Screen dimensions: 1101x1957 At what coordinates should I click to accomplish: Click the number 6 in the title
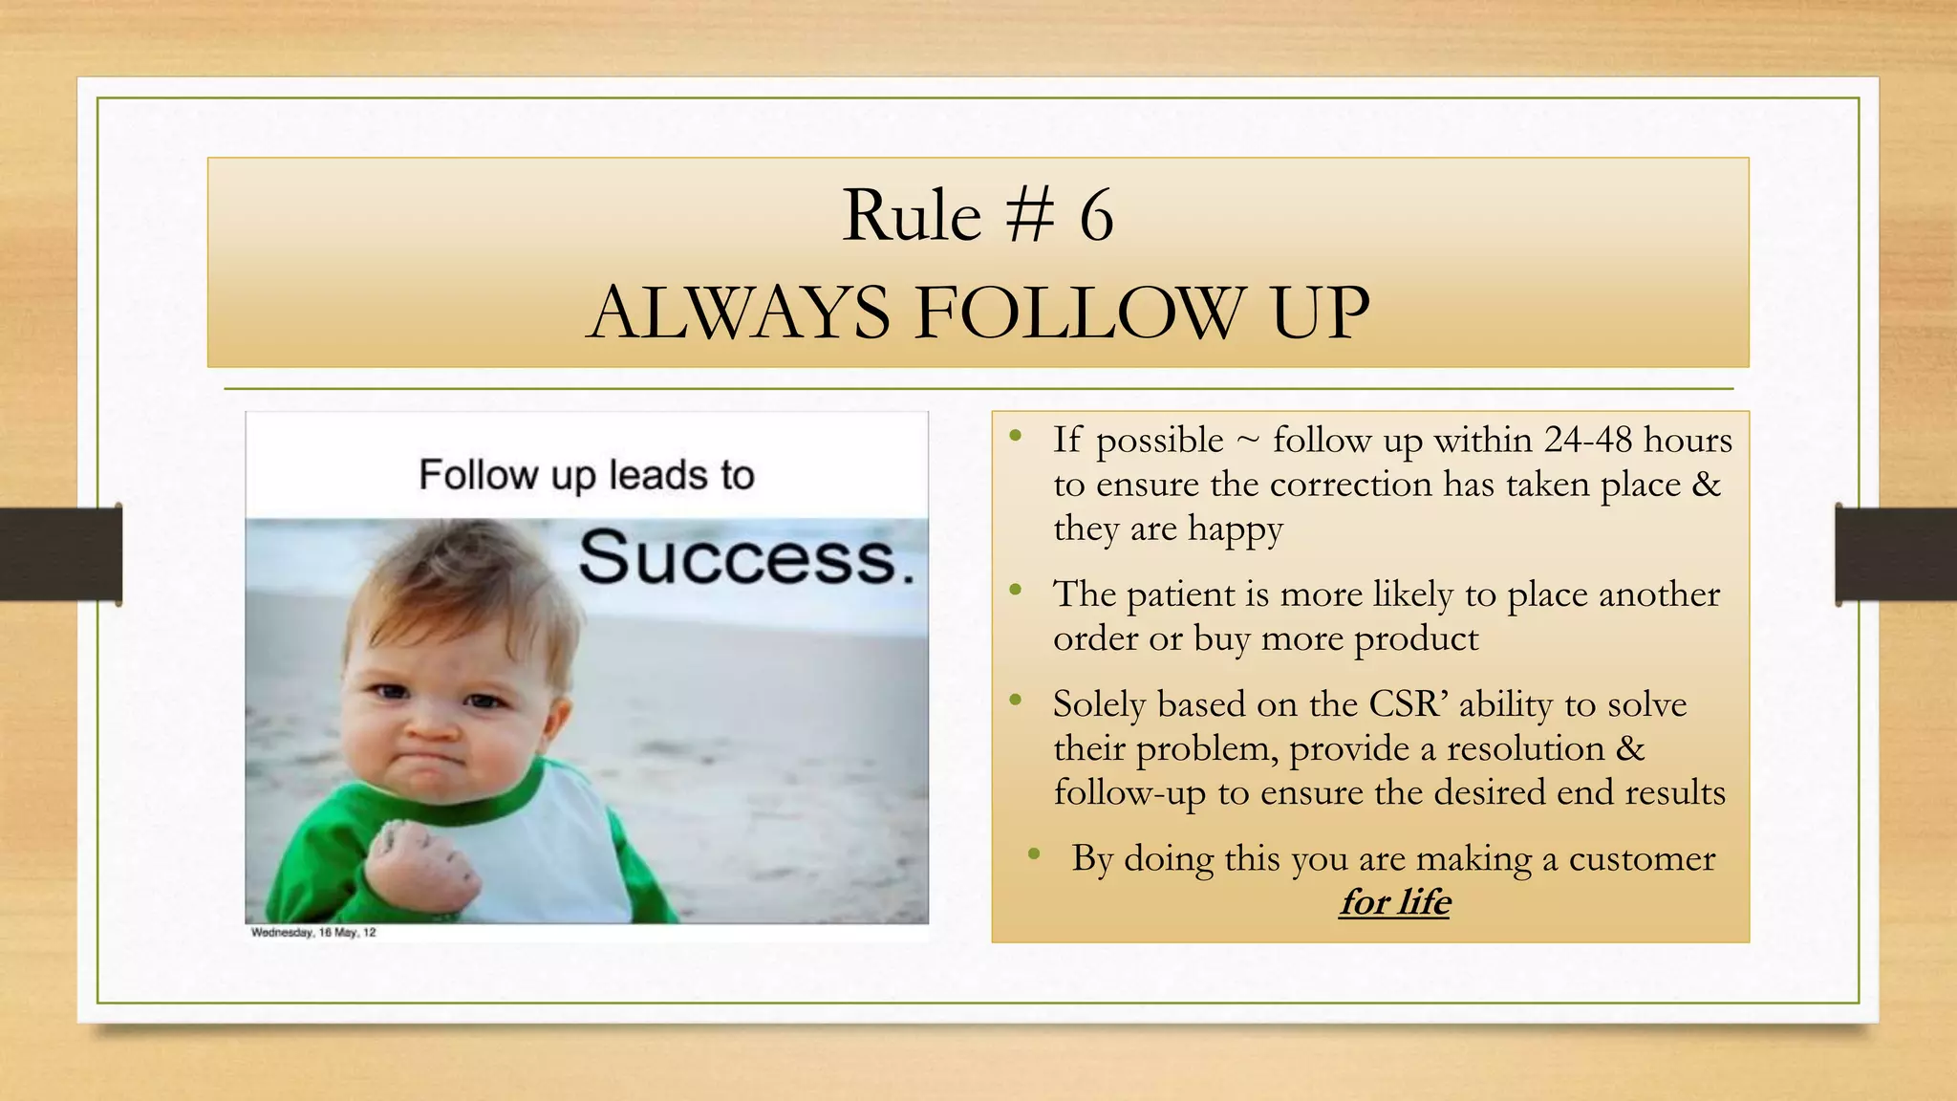(x=1096, y=216)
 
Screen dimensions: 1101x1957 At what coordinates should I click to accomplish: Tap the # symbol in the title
(x=1030, y=216)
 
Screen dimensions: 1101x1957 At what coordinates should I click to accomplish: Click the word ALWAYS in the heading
(x=739, y=313)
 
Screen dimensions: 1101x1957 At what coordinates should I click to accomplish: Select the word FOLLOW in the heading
(x=1080, y=313)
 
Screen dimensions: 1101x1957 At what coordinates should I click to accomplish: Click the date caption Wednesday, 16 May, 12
(x=313, y=933)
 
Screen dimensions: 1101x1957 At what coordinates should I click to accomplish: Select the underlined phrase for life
(x=1394, y=902)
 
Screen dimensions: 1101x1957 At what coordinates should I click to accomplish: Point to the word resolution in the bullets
(x=1525, y=748)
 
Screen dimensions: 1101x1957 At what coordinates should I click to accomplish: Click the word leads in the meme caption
(x=651, y=475)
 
